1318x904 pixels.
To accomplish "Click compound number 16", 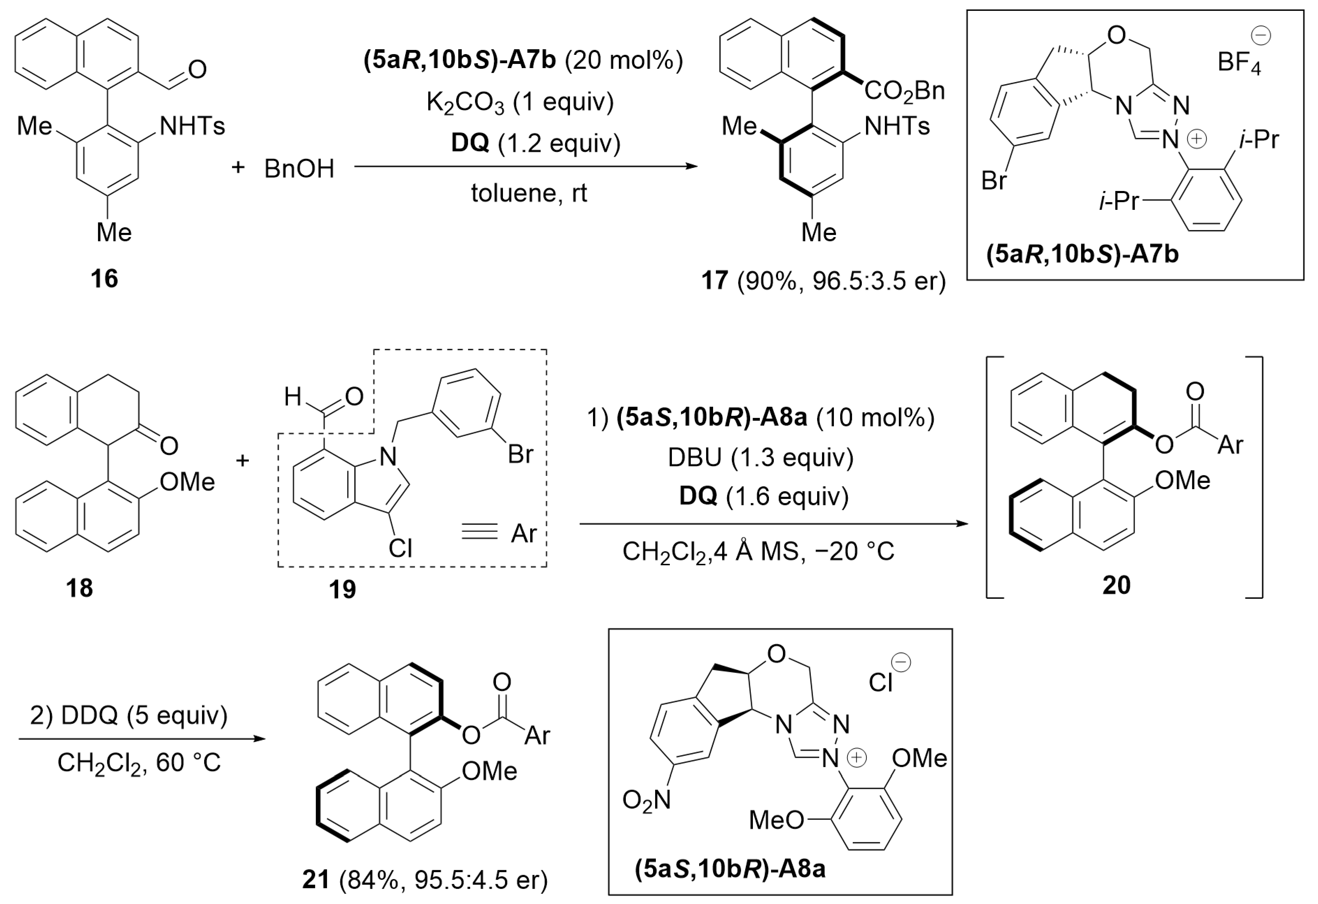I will tap(104, 279).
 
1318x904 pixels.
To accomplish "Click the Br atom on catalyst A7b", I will tap(994, 181).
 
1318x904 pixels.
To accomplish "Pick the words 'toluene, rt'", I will tap(528, 193).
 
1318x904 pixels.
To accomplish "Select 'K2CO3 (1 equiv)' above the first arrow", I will tap(520, 103).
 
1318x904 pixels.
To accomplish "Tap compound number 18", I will tap(79, 588).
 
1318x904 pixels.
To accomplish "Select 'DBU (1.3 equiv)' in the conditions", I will tap(760, 457).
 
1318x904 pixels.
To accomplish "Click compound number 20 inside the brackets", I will tap(1116, 585).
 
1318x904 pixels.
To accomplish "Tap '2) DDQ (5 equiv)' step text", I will tap(129, 715).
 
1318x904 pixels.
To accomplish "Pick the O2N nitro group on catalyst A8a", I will tap(646, 800).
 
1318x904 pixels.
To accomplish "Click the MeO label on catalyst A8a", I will tap(776, 820).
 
